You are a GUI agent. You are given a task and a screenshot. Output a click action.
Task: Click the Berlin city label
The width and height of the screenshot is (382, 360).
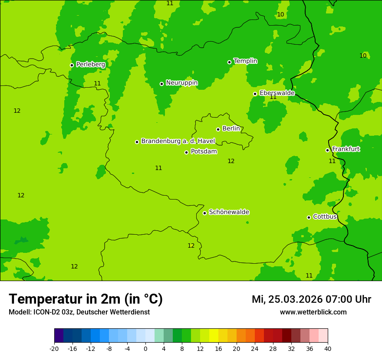pos(231,128)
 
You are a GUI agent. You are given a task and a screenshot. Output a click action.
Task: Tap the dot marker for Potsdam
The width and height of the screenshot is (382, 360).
pos(187,152)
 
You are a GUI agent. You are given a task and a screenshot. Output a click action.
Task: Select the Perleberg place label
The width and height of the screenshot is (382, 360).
pos(90,64)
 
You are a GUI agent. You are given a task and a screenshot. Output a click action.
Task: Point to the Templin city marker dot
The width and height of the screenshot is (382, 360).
pos(229,62)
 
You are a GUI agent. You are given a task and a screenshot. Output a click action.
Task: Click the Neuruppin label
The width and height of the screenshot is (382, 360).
pos(181,82)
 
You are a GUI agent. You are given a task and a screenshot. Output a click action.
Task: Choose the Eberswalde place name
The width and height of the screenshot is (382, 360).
pos(277,93)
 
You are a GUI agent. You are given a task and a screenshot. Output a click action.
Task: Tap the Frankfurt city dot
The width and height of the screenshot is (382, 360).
pos(327,150)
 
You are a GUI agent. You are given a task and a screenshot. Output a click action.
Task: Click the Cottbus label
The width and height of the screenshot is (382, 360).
pos(325,216)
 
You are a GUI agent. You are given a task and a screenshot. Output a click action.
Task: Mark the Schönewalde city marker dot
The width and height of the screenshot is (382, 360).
pos(204,213)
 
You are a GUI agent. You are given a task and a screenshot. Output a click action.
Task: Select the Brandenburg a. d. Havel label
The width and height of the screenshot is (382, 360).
pos(178,141)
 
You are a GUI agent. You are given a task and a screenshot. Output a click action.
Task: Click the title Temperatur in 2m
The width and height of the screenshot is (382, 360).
pos(86,299)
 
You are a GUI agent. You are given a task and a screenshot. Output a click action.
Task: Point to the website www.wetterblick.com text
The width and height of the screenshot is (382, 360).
pos(313,312)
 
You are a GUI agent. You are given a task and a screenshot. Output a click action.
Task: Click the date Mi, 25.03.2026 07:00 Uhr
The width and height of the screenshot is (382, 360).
pos(311,299)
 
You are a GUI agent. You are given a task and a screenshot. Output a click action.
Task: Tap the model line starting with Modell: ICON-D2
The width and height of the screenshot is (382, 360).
pos(79,312)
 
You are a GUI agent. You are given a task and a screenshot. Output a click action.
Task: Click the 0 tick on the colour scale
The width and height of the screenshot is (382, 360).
pos(145,349)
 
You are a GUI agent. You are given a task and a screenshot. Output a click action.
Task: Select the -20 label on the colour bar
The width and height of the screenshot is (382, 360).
pos(54,349)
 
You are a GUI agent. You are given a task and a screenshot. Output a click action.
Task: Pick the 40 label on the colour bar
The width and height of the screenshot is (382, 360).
pos(327,349)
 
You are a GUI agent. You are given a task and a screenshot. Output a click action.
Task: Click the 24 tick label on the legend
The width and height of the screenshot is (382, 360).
pos(255,349)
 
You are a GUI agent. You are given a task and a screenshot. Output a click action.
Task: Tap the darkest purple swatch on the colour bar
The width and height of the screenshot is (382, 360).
pos(59,336)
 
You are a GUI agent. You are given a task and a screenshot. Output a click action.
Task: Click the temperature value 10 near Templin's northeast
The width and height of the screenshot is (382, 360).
pos(280,14)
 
